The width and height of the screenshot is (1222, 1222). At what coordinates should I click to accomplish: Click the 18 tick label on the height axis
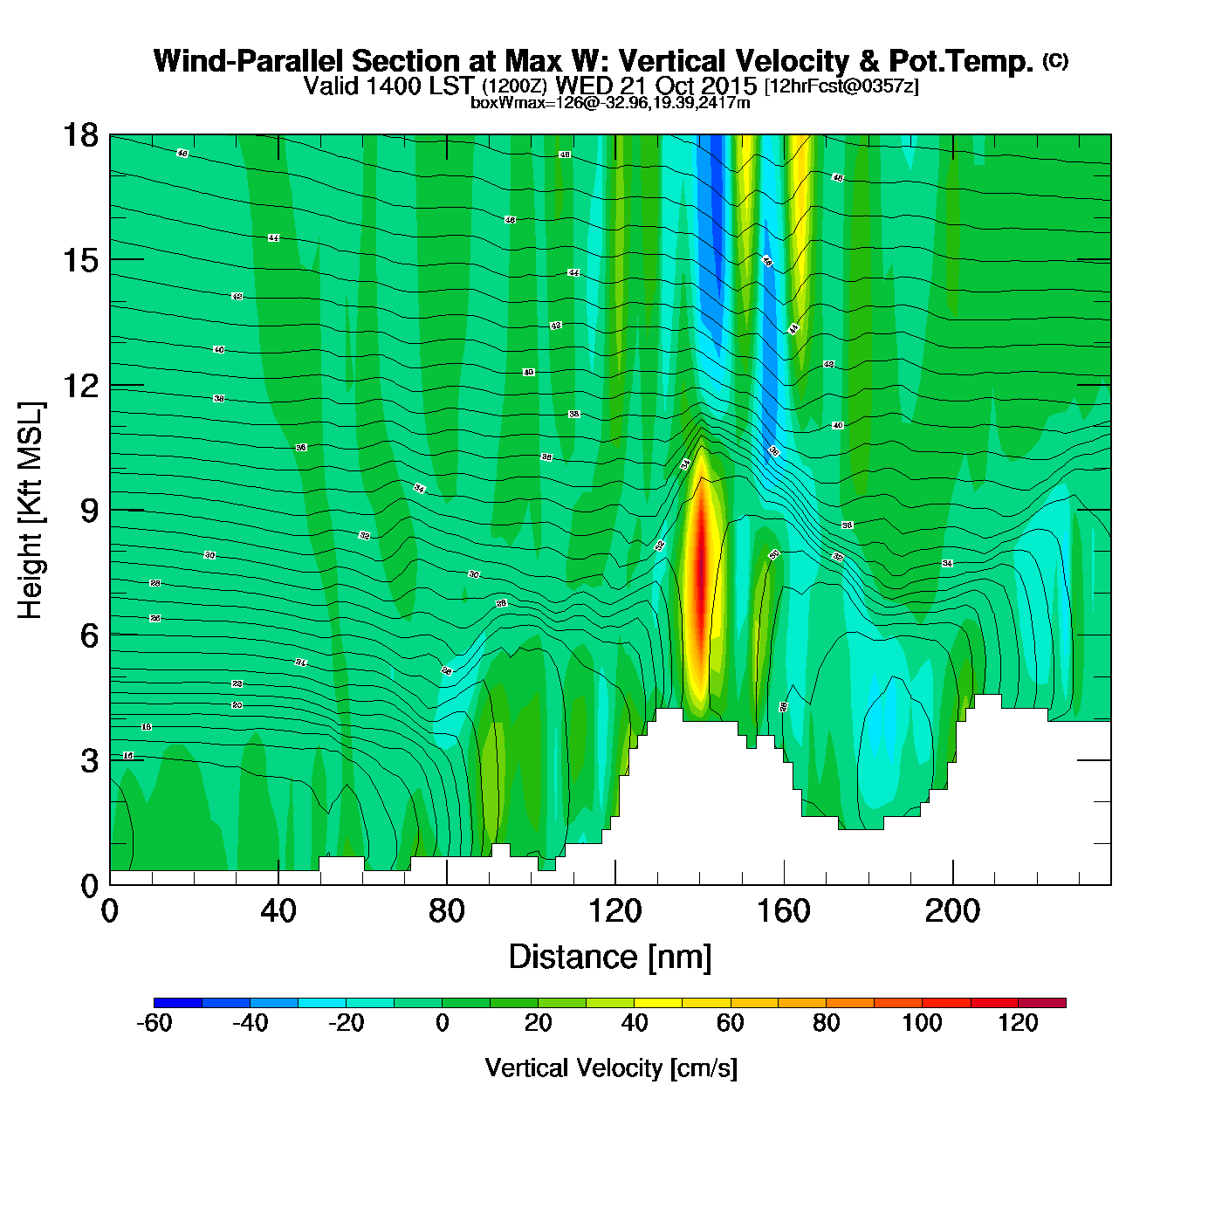click(x=79, y=135)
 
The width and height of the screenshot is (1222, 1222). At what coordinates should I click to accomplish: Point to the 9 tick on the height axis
click(x=89, y=511)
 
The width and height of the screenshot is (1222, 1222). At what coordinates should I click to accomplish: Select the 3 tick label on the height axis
click(x=89, y=761)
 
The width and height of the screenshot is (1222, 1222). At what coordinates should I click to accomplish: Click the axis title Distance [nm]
click(x=610, y=958)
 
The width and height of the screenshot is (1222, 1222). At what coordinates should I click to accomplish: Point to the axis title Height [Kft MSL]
click(x=31, y=511)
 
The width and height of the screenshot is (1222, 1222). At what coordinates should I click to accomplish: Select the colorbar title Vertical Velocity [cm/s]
click(x=610, y=1068)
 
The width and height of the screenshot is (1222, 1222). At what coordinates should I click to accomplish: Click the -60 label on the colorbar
click(x=154, y=1024)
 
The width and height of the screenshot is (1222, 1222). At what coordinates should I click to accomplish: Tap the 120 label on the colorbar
click(x=1018, y=1024)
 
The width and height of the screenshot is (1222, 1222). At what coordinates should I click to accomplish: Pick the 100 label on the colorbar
click(x=922, y=1024)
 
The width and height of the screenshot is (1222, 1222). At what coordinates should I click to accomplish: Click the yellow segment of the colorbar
click(x=658, y=1003)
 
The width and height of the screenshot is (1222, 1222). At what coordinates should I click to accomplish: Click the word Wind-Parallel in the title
click(x=248, y=62)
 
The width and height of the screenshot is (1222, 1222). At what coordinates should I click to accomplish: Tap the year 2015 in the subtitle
click(x=730, y=86)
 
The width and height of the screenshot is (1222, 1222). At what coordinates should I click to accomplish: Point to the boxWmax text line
click(x=610, y=103)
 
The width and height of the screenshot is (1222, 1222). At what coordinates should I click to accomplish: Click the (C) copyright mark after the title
click(x=1055, y=60)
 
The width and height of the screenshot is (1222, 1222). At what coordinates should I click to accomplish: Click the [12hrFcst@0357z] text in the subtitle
click(x=841, y=86)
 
